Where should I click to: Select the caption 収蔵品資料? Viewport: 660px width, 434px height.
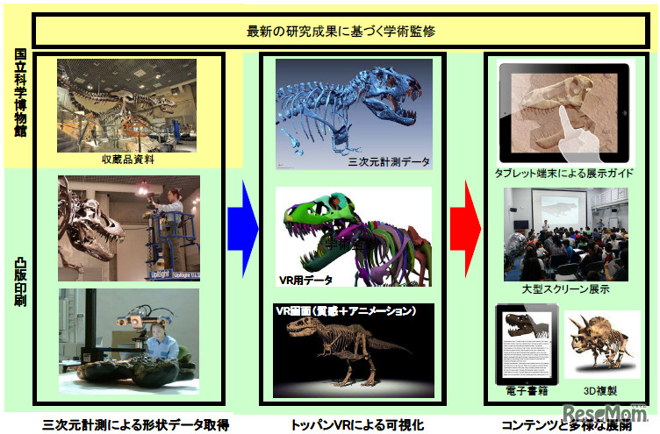[x=128, y=160]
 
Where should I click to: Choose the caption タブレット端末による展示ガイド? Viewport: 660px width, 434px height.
[x=563, y=174]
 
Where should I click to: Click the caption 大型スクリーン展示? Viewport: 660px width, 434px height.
[x=565, y=288]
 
